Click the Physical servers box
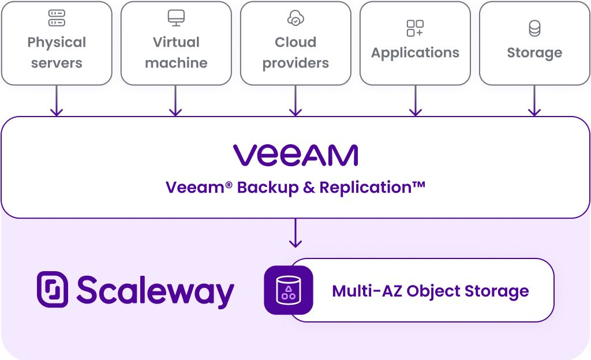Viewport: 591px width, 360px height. click(x=57, y=43)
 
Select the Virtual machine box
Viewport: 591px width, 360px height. click(x=176, y=43)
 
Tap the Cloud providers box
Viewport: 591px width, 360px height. click(x=295, y=43)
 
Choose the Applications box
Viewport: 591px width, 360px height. click(x=415, y=43)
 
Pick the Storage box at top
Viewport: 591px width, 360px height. click(x=534, y=43)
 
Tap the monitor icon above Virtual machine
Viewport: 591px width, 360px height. click(x=176, y=18)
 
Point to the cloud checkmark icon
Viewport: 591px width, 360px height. click(x=295, y=18)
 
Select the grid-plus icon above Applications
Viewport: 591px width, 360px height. click(x=415, y=28)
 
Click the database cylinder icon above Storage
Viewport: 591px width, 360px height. click(x=534, y=28)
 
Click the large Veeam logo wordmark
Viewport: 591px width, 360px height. click(x=295, y=155)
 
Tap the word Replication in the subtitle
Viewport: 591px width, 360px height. click(x=372, y=187)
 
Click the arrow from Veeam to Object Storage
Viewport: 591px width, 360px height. click(x=295, y=233)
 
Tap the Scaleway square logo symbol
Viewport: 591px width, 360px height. click(x=53, y=289)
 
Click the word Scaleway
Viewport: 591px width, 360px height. click(x=155, y=291)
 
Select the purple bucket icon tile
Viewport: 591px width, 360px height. click(x=288, y=290)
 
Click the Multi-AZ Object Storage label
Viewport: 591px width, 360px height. click(x=430, y=291)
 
